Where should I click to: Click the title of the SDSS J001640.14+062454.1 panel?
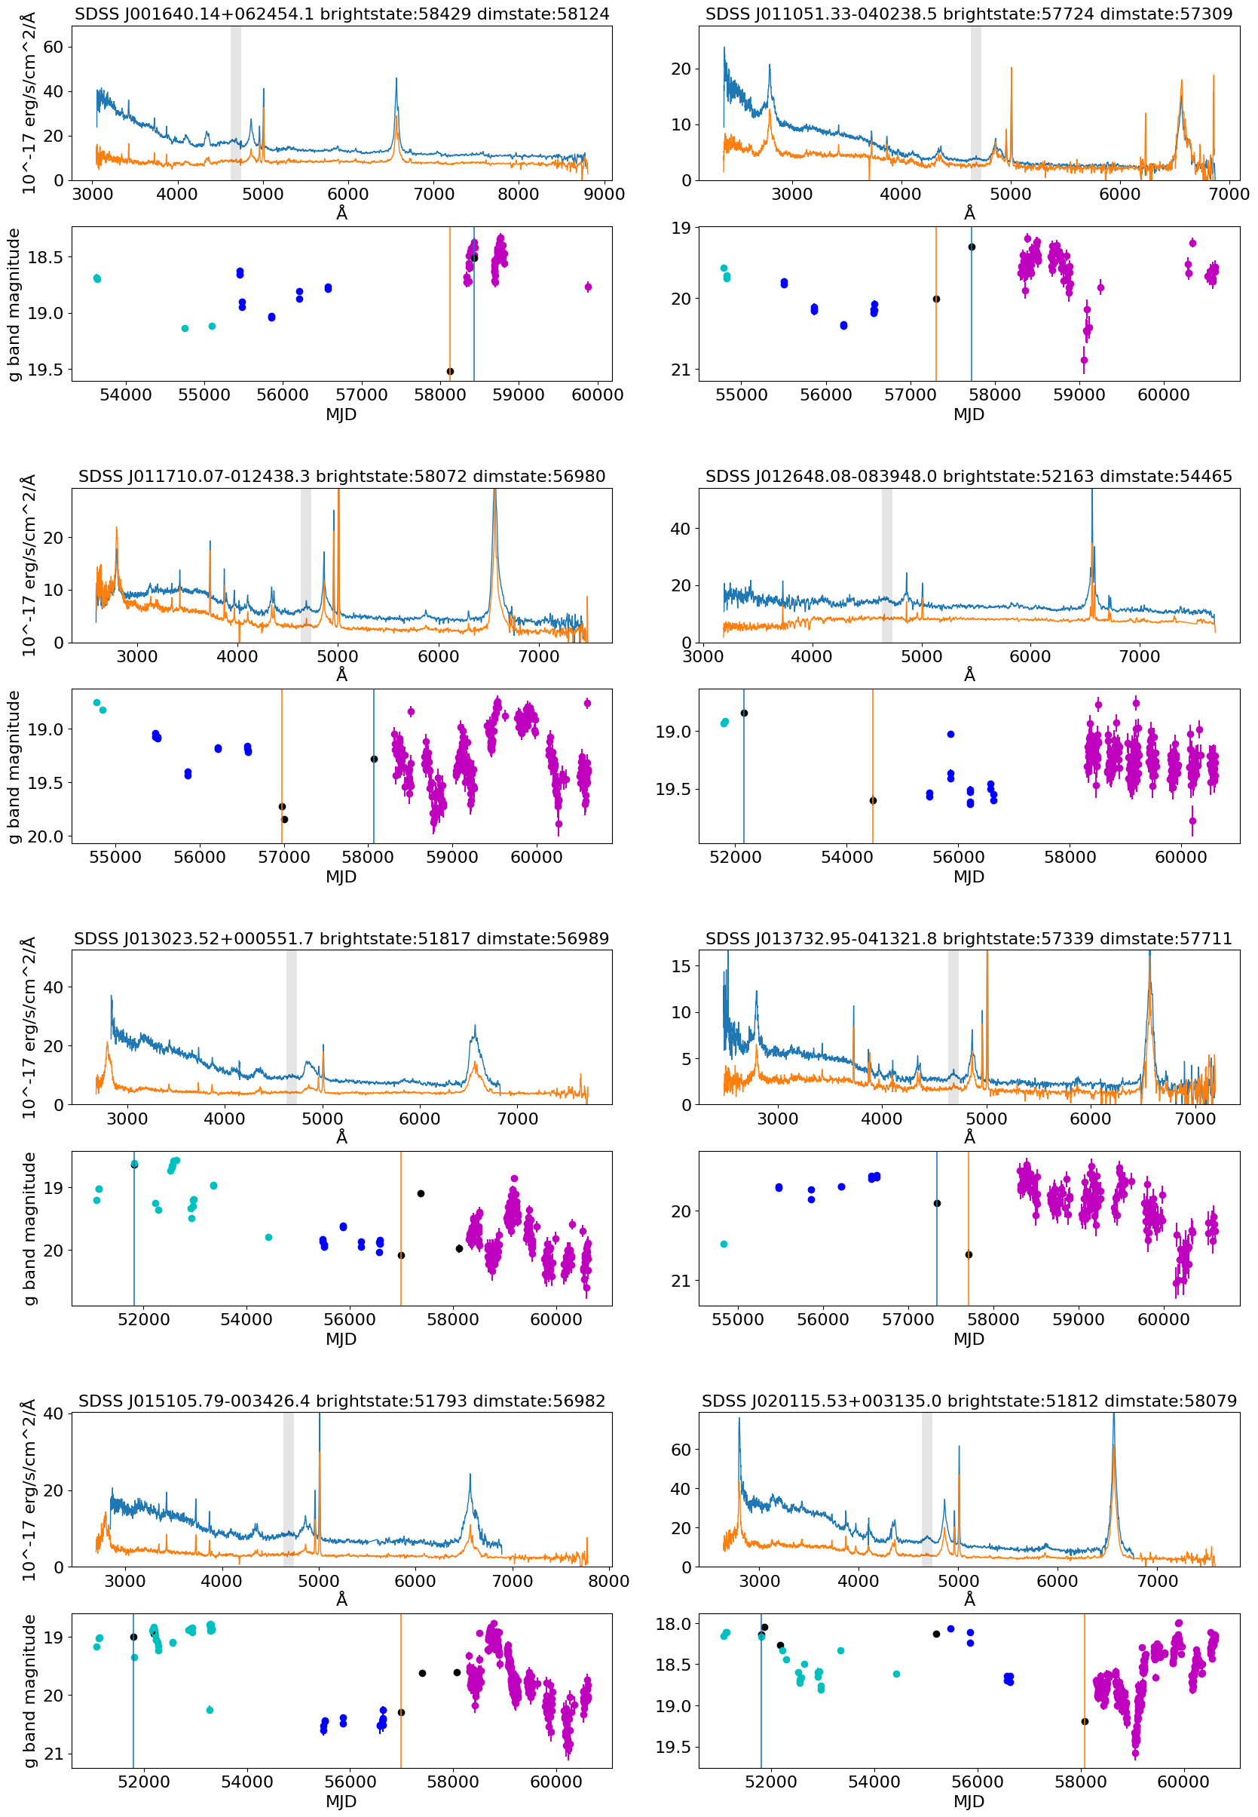click(341, 14)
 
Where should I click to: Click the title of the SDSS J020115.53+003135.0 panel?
click(969, 1401)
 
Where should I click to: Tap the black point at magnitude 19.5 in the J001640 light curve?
click(450, 371)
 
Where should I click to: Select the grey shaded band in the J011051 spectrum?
click(976, 103)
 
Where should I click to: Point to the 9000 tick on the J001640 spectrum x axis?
click(604, 194)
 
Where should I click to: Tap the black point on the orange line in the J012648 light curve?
click(873, 800)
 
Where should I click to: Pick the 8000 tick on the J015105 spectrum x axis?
click(608, 1581)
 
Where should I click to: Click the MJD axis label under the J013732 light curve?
click(969, 1339)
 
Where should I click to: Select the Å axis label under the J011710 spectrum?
click(341, 675)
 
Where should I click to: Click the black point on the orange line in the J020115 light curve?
click(1085, 1721)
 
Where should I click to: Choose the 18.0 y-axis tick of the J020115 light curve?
click(674, 1625)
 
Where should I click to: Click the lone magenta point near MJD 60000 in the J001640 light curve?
click(588, 287)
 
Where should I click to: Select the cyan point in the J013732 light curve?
click(724, 1244)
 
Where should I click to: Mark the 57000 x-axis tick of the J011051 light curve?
click(910, 395)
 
